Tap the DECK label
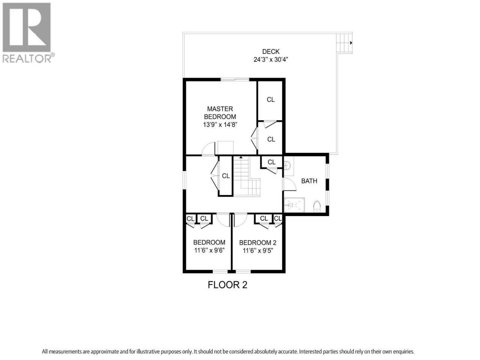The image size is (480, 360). (271, 52)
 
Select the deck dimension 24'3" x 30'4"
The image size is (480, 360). (271, 60)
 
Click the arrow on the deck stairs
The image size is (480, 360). (351, 43)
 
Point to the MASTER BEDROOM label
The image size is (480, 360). (220, 112)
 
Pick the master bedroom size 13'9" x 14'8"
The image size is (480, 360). (220, 124)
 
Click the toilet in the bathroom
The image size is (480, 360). (317, 206)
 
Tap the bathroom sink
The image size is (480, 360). (287, 165)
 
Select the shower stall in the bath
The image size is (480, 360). (294, 205)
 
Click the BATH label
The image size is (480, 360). (309, 181)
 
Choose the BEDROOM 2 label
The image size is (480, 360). (258, 243)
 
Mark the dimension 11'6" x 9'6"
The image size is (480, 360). (210, 250)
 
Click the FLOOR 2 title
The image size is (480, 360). (227, 285)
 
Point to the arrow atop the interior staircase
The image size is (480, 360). (241, 157)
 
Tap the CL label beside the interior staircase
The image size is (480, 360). (226, 176)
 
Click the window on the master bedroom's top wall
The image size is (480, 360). (235, 79)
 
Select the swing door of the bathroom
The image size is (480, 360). (289, 184)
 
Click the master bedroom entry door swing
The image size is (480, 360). (208, 149)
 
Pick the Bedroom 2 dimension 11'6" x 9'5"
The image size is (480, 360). (258, 250)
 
